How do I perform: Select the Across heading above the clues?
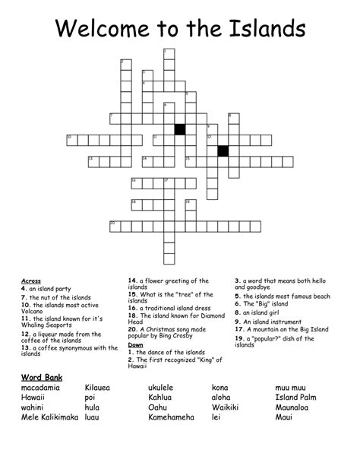(31, 281)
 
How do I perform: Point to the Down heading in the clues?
(136, 344)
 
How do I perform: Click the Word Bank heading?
(42, 378)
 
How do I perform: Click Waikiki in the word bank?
(226, 407)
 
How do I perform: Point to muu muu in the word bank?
(292, 388)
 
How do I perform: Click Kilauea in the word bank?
(97, 388)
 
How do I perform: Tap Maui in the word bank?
(285, 417)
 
